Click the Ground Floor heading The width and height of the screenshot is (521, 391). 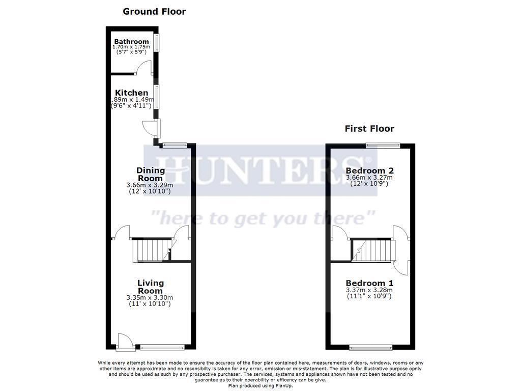click(154, 11)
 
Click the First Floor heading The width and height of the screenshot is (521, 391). click(369, 129)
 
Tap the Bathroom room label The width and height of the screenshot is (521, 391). click(131, 41)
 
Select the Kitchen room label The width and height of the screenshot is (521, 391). click(131, 93)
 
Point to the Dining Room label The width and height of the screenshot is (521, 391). click(151, 174)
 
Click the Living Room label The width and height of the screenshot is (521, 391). click(151, 287)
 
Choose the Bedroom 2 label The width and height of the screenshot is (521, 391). click(369, 171)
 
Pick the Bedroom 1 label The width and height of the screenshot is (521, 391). click(369, 283)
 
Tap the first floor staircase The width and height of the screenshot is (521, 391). click(374, 250)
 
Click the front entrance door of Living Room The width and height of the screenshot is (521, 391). click(124, 342)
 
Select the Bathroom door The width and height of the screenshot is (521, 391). click(144, 68)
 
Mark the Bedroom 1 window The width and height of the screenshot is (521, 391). click(371, 348)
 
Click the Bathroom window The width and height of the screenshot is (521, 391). click(157, 43)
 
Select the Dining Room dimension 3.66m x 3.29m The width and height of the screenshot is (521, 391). click(150, 185)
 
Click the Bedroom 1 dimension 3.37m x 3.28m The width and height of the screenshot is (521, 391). click(369, 290)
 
